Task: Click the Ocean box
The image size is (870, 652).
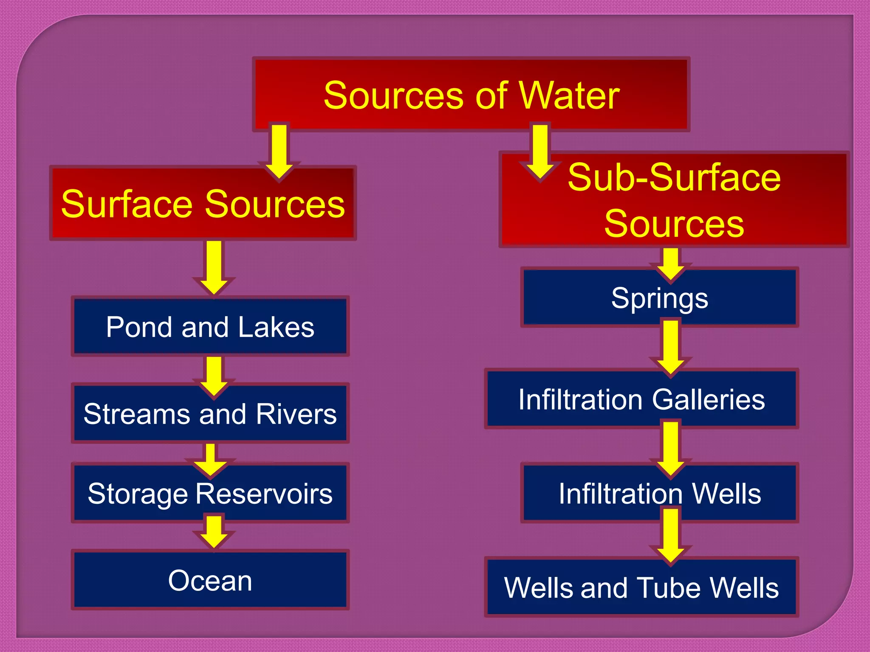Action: (210, 580)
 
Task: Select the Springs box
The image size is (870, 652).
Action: (659, 298)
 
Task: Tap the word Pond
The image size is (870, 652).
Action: (140, 327)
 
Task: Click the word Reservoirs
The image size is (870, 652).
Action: (264, 494)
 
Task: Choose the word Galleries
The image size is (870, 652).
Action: (708, 400)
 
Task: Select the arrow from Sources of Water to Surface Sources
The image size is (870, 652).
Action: (279, 151)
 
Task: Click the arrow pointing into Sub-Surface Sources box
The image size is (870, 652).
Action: (540, 151)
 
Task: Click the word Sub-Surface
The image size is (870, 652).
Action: (674, 177)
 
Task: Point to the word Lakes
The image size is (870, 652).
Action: (276, 327)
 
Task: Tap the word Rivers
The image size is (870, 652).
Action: (296, 414)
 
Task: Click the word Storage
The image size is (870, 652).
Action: (138, 494)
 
